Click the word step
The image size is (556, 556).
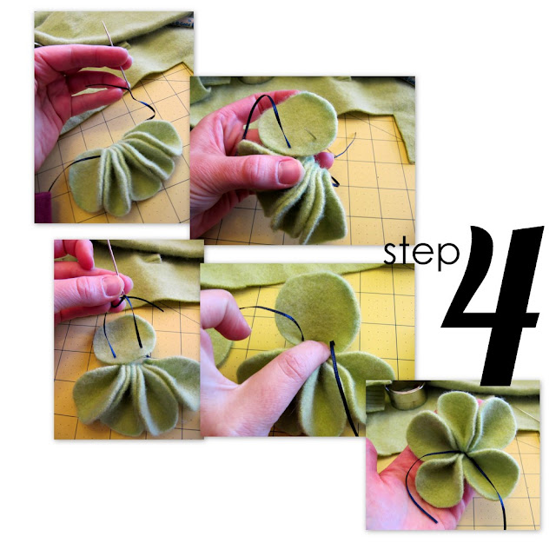[421, 254]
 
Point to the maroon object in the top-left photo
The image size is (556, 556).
[43, 208]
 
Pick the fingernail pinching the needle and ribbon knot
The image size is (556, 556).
[112, 286]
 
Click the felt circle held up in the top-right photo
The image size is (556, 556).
[298, 124]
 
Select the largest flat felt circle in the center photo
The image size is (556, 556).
[317, 308]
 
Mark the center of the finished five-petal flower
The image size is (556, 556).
[464, 452]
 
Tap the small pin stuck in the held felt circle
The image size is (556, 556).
[310, 133]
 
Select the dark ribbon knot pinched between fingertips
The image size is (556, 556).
[118, 303]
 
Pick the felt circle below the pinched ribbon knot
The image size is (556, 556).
[124, 339]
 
